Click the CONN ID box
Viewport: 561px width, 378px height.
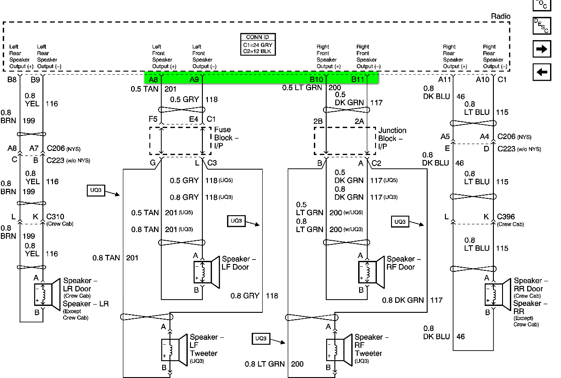[258, 44]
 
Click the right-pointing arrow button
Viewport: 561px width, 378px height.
[542, 49]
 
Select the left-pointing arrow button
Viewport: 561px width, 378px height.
[542, 72]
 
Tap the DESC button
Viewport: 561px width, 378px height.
[542, 26]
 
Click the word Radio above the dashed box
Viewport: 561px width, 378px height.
[500, 16]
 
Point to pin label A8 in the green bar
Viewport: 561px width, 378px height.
[153, 80]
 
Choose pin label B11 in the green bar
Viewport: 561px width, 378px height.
[358, 79]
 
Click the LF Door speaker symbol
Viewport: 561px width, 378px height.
[206, 272]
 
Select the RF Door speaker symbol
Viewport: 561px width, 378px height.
[371, 272]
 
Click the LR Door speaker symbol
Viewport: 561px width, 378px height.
[48, 294]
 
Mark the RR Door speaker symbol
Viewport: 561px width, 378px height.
[497, 294]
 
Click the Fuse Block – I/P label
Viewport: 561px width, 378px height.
[226, 138]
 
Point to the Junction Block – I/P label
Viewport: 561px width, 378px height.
[392, 138]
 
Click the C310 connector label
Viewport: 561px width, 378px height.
[55, 217]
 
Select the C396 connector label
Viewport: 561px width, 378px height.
[506, 217]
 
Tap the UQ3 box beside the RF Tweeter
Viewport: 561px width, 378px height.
[261, 338]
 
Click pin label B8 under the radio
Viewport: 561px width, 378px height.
[12, 79]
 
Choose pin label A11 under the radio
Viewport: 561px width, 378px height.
[445, 79]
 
